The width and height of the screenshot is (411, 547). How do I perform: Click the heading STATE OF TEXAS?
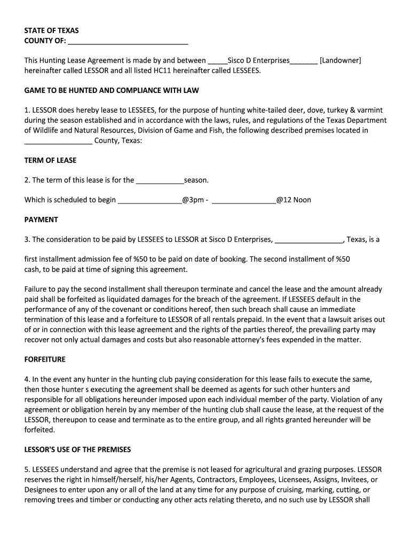tap(51, 31)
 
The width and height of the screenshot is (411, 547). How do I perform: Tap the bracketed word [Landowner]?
tap(340, 60)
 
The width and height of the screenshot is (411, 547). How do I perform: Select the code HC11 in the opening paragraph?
tap(162, 71)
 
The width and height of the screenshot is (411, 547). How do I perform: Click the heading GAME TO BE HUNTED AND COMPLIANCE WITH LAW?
tap(112, 90)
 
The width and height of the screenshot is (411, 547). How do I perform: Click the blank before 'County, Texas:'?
tap(58, 140)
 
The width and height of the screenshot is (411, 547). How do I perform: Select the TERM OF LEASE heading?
tap(51, 160)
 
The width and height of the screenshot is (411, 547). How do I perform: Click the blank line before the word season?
tap(160, 180)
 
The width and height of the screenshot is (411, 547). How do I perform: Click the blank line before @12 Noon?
tap(243, 200)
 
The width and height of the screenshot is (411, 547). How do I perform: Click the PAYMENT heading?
tap(41, 220)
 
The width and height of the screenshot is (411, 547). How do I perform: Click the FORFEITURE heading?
tap(45, 360)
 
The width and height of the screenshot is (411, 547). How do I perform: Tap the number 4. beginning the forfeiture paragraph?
tap(27, 379)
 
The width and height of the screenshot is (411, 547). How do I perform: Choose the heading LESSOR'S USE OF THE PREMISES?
tap(77, 449)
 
